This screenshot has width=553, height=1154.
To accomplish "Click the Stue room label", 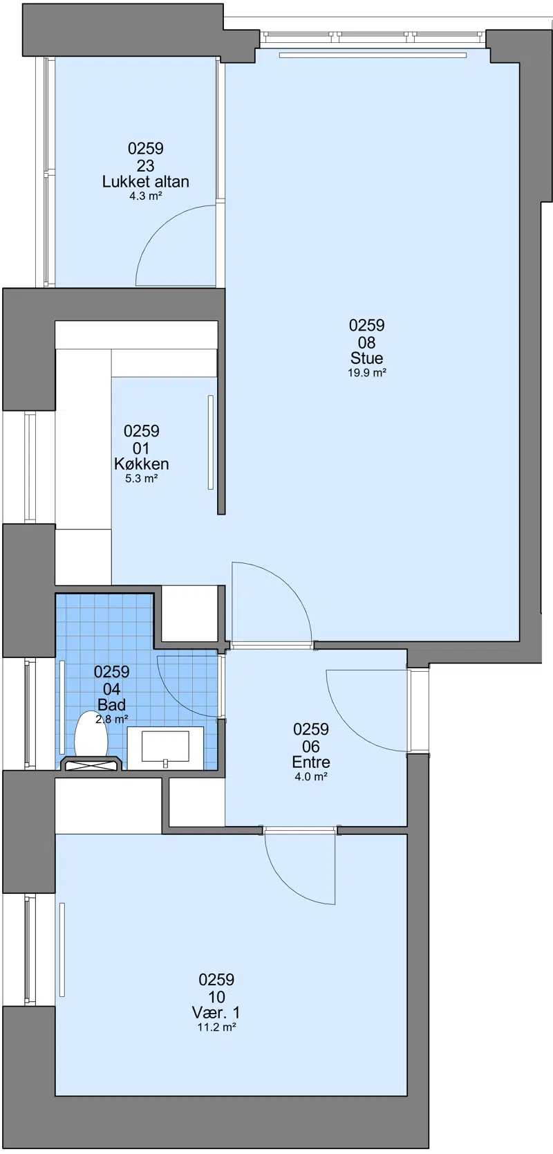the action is point(366,358).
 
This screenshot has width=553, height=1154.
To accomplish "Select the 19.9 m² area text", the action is point(366,373).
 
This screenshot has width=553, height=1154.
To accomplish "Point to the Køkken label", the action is point(142,464).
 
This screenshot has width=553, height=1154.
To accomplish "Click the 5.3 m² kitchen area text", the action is point(141,479).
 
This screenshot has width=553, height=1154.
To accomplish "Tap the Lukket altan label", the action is point(146,181).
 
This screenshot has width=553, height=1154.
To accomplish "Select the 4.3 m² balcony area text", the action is point(146,196).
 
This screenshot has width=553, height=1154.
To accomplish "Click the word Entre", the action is point(311,762).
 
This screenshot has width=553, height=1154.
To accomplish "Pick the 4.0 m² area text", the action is point(311,777).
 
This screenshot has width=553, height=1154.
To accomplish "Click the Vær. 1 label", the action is point(216,1012).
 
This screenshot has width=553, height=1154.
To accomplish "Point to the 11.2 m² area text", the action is point(216,1027).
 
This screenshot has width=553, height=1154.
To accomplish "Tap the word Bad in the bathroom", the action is point(112,704).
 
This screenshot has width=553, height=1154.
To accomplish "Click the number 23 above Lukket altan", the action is point(146,166).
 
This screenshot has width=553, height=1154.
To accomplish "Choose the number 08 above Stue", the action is point(366,342).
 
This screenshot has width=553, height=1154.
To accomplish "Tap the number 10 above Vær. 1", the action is point(216,997).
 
